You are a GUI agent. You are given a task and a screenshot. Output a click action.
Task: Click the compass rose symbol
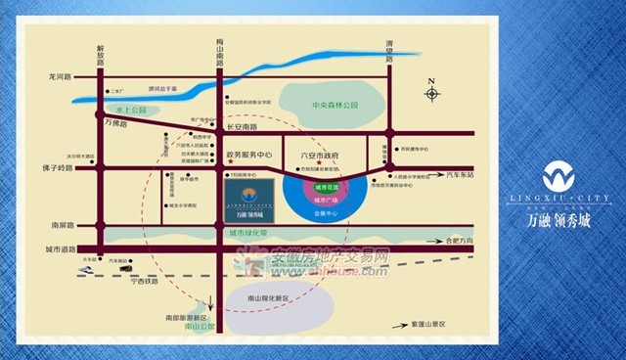pos(432,94)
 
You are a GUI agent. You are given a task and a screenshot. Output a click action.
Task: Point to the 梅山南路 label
pos(219,53)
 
